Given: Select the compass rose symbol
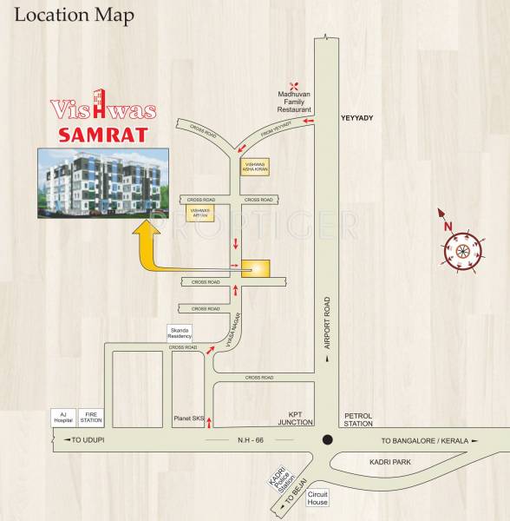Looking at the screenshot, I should click(x=461, y=250).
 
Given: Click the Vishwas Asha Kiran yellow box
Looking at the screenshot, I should click(x=255, y=166).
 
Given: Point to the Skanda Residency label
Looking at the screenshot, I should click(x=184, y=333).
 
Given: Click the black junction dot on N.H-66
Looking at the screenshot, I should click(x=326, y=439).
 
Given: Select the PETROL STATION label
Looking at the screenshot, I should click(x=357, y=419).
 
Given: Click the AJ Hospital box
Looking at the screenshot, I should click(x=63, y=417).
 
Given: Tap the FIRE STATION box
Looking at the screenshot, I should click(x=91, y=417).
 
